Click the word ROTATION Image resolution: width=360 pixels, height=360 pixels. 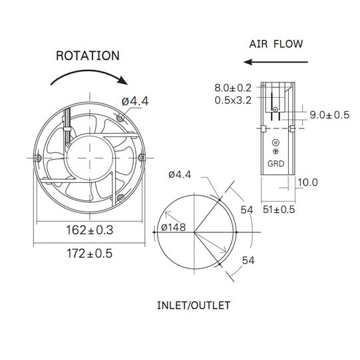point(88,56)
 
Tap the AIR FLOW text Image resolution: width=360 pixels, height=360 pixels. point(276,44)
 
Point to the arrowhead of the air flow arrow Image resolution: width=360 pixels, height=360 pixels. point(248,62)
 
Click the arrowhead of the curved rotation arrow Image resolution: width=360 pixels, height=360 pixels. point(122,80)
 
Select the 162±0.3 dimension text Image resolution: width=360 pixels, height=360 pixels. point(90,230)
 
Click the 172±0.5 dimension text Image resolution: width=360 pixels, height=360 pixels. point(90,254)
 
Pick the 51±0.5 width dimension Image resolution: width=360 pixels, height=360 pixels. point(279,210)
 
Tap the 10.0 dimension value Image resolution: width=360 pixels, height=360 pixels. point(307,182)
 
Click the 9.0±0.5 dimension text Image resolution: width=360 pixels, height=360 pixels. point(329,115)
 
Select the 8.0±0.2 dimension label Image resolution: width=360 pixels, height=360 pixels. point(233,88)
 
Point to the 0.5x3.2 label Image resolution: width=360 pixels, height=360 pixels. point(233,100)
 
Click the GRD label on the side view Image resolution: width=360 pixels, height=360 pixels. point(275,164)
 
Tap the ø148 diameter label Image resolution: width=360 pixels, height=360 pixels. point(173,228)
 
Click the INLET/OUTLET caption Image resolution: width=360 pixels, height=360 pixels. point(194,305)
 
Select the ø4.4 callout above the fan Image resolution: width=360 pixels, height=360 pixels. point(135,101)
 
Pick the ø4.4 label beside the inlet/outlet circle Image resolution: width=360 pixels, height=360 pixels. point(180,175)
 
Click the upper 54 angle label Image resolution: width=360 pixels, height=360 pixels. point(247,210)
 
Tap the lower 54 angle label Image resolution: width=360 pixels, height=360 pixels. point(248,261)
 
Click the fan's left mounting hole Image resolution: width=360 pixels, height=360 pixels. point(38,158)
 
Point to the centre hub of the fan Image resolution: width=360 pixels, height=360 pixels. point(90,158)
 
